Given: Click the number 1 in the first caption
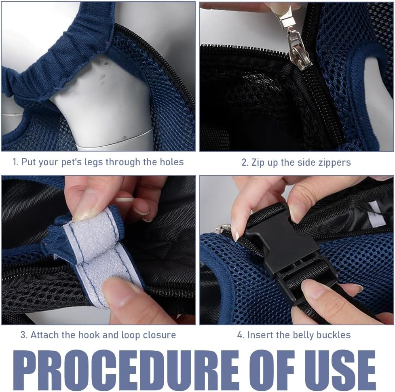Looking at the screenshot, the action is pyautogui.click(x=15, y=162).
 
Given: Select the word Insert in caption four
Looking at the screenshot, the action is pyautogui.click(x=258, y=335).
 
